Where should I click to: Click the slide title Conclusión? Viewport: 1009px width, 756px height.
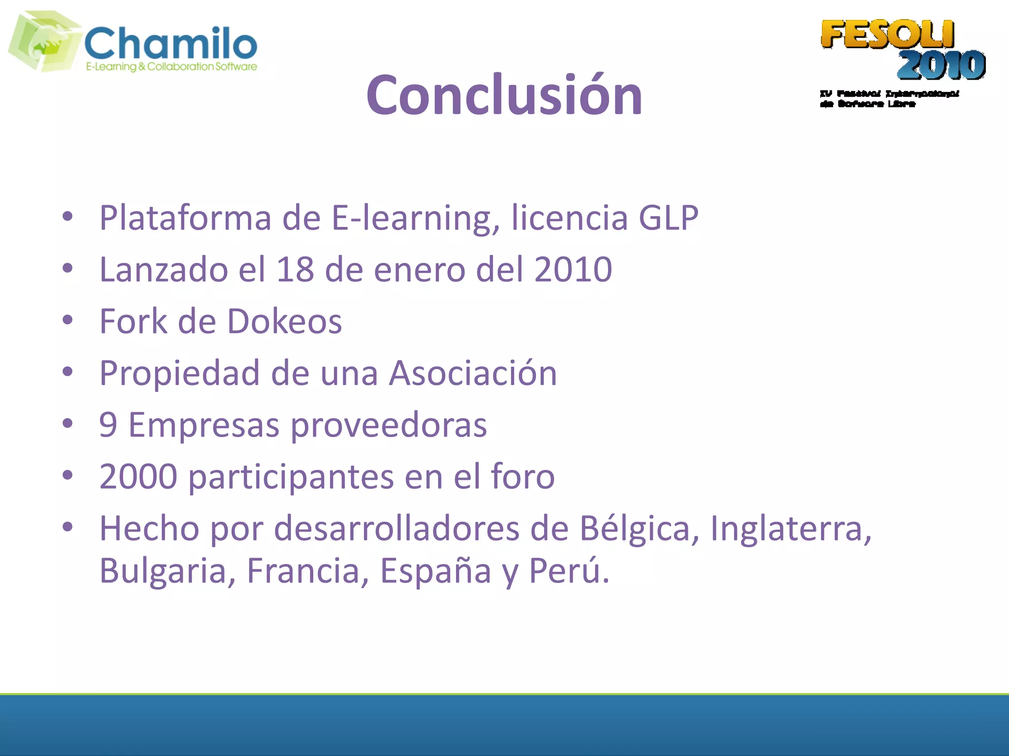pyautogui.click(x=504, y=95)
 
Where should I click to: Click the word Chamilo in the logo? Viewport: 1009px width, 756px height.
pyautogui.click(x=170, y=43)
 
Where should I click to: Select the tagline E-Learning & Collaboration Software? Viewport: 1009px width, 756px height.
pyautogui.click(x=171, y=66)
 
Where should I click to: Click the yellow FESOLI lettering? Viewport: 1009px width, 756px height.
pyautogui.click(x=887, y=34)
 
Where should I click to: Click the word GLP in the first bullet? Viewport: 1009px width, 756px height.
pyautogui.click(x=668, y=218)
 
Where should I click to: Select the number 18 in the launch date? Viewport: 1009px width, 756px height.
pyautogui.click(x=295, y=269)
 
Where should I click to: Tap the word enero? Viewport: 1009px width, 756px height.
pyautogui.click(x=419, y=269)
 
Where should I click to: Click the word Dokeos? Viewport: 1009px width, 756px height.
pyautogui.click(x=284, y=321)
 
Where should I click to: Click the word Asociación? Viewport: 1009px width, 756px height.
pyautogui.click(x=473, y=373)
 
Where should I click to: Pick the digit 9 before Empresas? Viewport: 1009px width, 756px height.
pyautogui.click(x=108, y=425)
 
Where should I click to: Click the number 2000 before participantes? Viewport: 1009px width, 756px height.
pyautogui.click(x=138, y=476)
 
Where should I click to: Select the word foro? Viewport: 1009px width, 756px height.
pyautogui.click(x=523, y=476)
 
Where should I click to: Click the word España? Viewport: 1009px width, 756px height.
pyautogui.click(x=436, y=571)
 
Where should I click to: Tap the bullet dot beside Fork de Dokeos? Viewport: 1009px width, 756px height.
pyautogui.click(x=67, y=320)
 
